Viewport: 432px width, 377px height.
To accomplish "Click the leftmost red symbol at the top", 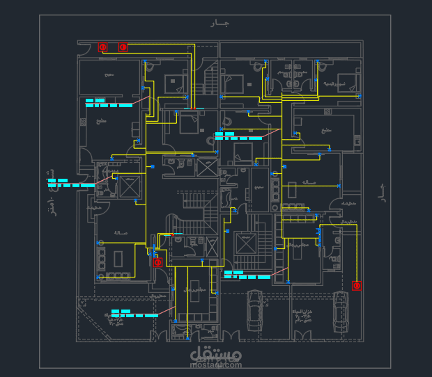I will tap(102, 47).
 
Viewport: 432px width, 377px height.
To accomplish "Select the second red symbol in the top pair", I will tap(123, 47).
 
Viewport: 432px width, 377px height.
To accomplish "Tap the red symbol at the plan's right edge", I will tap(357, 285).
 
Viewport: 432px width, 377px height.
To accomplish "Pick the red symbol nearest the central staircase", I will tap(157, 262).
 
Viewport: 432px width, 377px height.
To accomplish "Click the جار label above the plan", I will tap(220, 24).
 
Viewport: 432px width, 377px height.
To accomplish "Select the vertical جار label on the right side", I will tap(381, 193).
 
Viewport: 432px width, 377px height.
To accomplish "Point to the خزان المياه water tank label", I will tap(304, 316).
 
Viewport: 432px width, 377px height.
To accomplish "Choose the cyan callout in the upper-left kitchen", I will tap(108, 103).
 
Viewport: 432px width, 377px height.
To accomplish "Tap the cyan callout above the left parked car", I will tap(246, 275).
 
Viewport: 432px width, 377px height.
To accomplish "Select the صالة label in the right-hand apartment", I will tap(309, 182).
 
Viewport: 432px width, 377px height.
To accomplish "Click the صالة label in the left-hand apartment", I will tap(120, 233).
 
